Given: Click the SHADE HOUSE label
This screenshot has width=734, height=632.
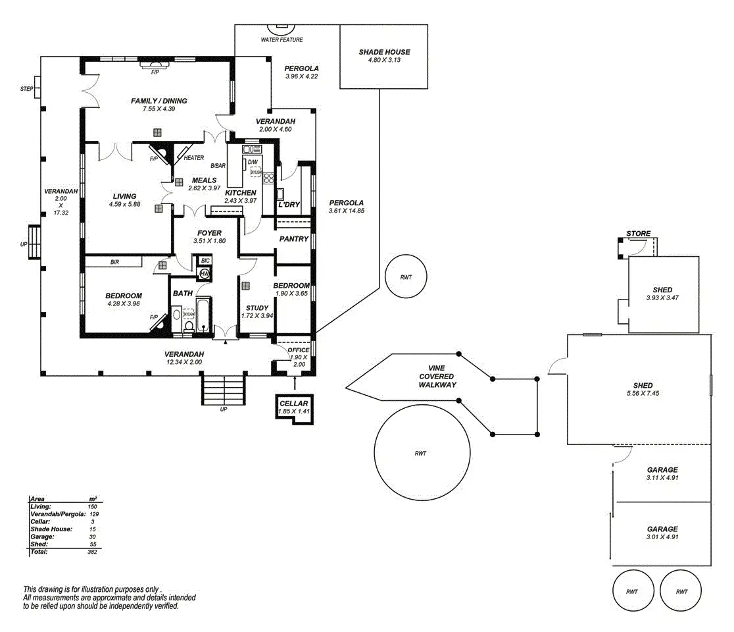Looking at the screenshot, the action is tap(384, 52).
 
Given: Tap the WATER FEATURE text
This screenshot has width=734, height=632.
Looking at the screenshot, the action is tap(282, 40).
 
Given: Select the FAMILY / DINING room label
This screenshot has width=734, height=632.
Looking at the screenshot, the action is tap(159, 101).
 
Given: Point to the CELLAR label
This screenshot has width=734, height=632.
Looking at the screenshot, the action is tap(293, 403).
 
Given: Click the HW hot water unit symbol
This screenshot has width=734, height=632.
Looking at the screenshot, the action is tap(204, 273).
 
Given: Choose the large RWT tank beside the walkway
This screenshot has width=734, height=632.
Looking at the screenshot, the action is tap(421, 454).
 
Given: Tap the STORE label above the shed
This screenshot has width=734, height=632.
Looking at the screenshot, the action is tap(638, 234).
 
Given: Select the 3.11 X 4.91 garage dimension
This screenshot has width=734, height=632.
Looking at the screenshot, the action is tap(662, 478).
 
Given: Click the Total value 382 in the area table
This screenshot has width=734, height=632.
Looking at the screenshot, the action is tap(92, 552).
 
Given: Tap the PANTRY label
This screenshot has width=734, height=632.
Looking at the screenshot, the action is tap(293, 239).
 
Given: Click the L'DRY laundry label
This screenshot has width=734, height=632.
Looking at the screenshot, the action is tap(289, 205).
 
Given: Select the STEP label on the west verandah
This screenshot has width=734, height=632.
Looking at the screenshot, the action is tap(27, 88).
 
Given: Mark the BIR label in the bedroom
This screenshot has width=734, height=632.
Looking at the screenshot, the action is tap(114, 262).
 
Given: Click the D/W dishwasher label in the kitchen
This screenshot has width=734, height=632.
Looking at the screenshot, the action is tap(253, 162).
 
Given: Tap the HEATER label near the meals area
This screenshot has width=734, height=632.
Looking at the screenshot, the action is tap(194, 158).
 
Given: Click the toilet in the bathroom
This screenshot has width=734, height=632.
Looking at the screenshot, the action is tap(189, 325).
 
